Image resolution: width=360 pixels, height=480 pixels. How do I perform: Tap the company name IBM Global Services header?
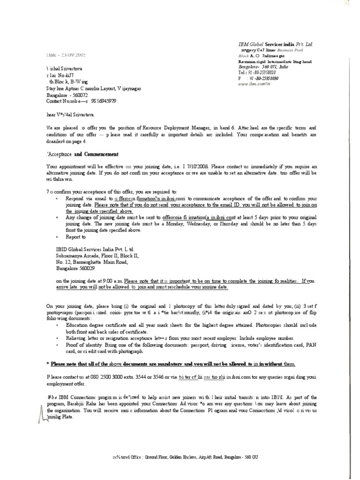point(275,44)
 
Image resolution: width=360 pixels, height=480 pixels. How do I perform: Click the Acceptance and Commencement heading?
point(82,154)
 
